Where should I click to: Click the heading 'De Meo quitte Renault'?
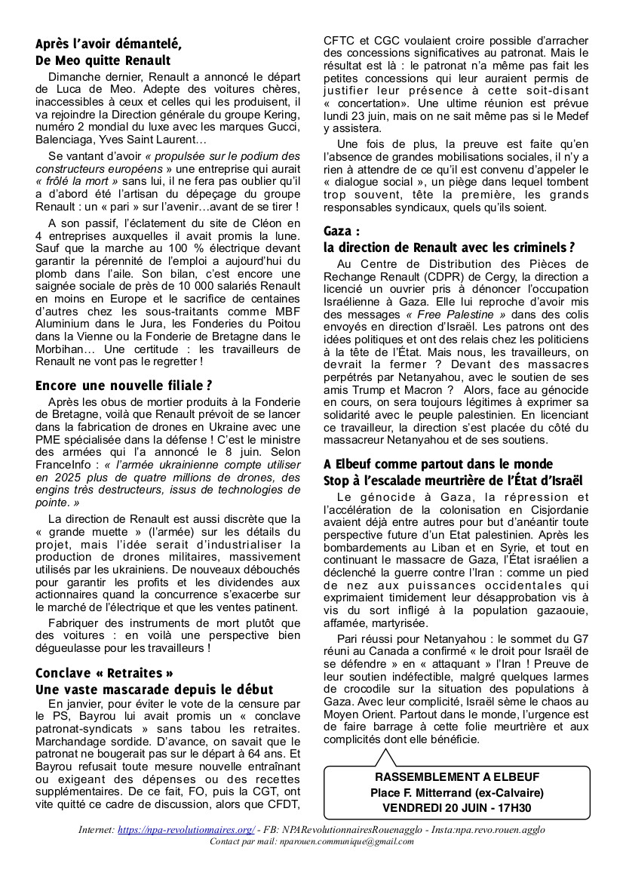tap(103, 60)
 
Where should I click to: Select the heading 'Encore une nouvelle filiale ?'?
tap(124, 385)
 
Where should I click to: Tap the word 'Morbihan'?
tap(61, 349)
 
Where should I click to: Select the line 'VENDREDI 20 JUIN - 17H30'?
tap(457, 807)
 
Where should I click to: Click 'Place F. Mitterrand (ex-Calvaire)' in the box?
tap(457, 791)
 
